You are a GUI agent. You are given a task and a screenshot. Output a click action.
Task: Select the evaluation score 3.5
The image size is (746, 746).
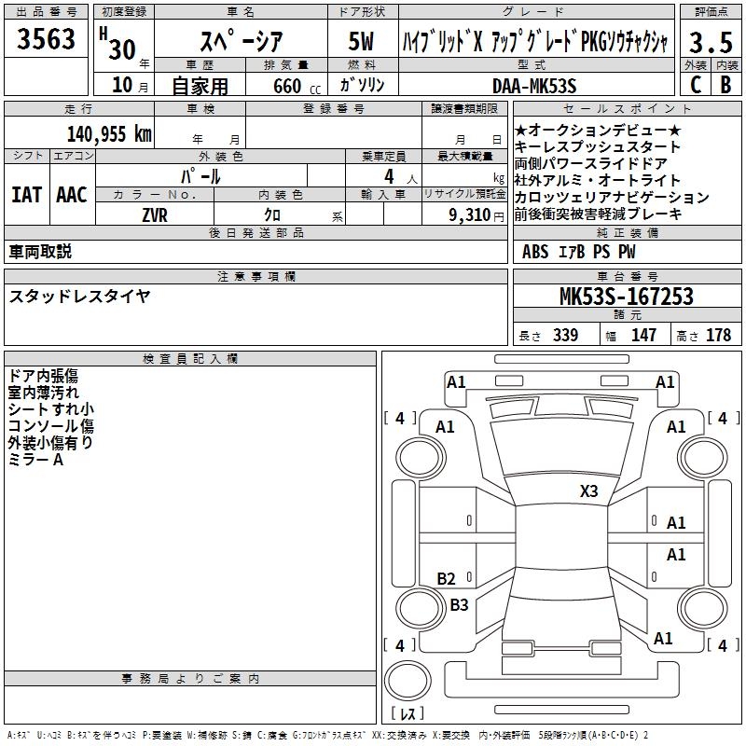pyautogui.click(x=708, y=42)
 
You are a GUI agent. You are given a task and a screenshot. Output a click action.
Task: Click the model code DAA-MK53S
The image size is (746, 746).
pyautogui.click(x=534, y=86)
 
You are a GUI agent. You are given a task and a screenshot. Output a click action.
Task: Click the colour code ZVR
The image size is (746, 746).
pyautogui.click(x=155, y=214)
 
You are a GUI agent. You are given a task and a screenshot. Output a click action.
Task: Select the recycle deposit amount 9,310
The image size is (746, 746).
pyautogui.click(x=463, y=214)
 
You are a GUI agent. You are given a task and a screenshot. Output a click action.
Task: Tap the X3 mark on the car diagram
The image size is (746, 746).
pyautogui.click(x=589, y=491)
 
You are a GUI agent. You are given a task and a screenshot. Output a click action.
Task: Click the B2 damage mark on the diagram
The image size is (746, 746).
pyautogui.click(x=447, y=579)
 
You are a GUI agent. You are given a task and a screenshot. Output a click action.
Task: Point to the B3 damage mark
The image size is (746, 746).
pyautogui.click(x=459, y=604)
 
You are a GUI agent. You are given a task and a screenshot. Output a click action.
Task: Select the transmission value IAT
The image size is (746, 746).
pyautogui.click(x=26, y=195)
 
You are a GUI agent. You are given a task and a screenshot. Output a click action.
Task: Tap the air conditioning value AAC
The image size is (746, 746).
pyautogui.click(x=72, y=195)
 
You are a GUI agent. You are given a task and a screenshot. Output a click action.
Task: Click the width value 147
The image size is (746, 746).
pyautogui.click(x=643, y=336)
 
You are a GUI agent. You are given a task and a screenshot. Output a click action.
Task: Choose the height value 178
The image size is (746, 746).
pyautogui.click(x=718, y=336)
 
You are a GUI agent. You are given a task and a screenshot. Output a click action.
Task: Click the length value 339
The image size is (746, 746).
pyautogui.click(x=565, y=336)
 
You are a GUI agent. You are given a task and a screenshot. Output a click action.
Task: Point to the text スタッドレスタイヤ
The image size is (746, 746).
pyautogui.click(x=79, y=297)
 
